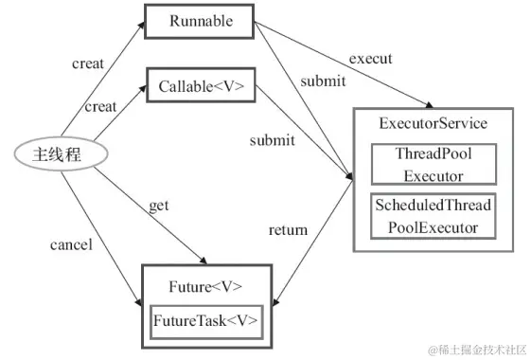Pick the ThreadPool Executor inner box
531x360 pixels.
(x=433, y=165)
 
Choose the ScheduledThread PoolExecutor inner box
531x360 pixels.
(x=434, y=216)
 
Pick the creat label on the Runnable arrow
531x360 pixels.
(x=88, y=63)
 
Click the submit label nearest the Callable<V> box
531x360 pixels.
(x=272, y=140)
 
